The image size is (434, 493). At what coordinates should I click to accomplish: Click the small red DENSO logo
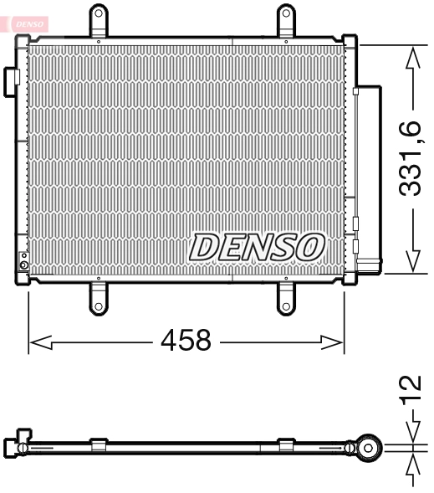click(x=30, y=23)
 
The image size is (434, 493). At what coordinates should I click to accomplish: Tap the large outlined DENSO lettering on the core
click(x=257, y=246)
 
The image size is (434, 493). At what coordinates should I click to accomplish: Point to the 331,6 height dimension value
click(x=411, y=158)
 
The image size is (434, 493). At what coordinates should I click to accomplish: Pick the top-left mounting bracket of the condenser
click(x=99, y=19)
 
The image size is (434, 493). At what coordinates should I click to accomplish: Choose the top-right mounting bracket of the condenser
click(x=287, y=19)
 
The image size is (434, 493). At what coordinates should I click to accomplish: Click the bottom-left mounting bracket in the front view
click(x=99, y=296)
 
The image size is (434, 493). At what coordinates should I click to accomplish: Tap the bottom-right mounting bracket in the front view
click(x=287, y=296)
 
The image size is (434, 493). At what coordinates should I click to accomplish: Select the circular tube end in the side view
click(x=367, y=448)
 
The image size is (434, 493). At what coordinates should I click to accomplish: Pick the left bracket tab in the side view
click(x=99, y=444)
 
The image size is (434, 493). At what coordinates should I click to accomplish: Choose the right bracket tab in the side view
click(x=286, y=444)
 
